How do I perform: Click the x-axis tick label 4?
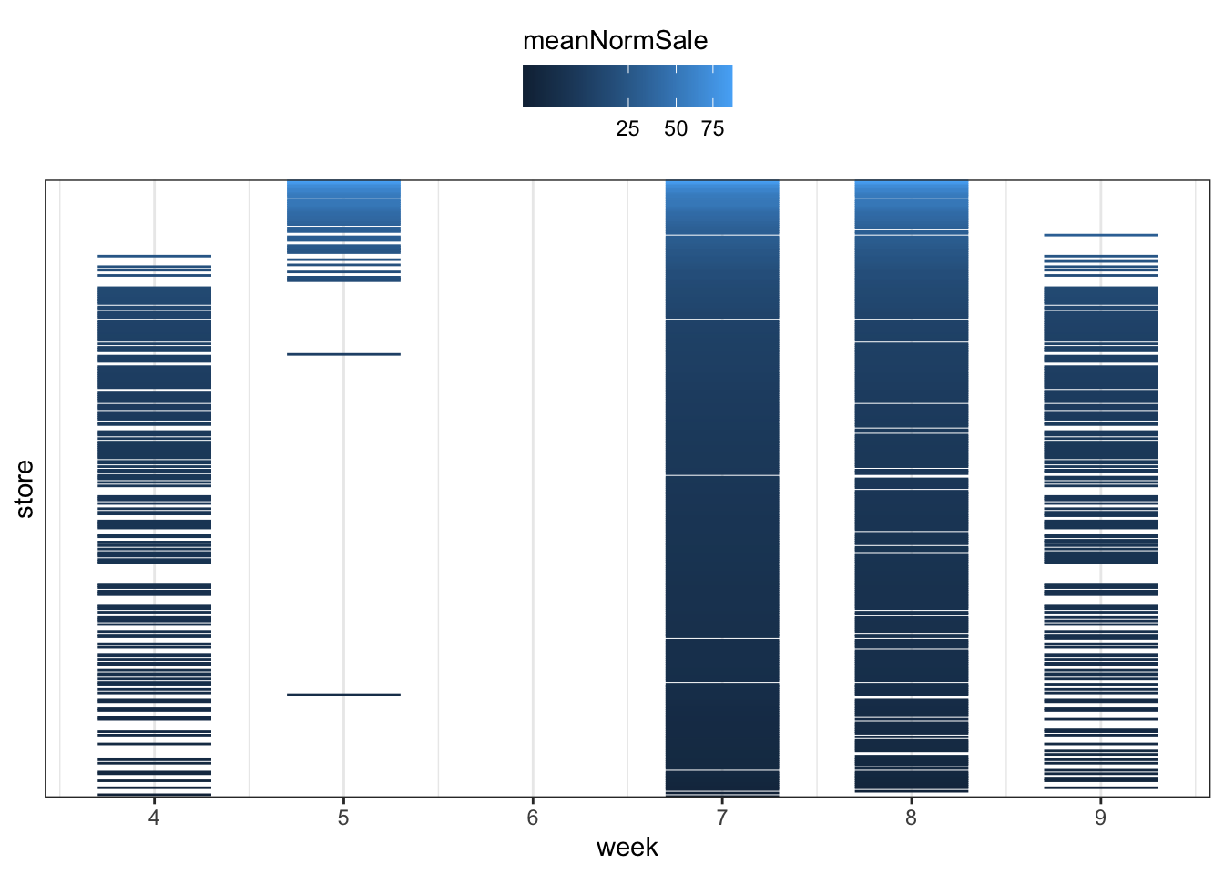[x=154, y=818]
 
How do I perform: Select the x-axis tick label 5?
[x=343, y=818]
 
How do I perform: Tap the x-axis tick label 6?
[x=533, y=818]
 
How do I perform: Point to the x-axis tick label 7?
[x=722, y=818]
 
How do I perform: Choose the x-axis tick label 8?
[x=911, y=818]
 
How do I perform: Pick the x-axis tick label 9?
[x=1100, y=818]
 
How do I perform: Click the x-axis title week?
[x=627, y=848]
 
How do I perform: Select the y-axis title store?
[x=25, y=489]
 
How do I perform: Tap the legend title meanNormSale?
[x=616, y=41]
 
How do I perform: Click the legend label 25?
[x=627, y=129]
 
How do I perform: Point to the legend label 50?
[x=676, y=129]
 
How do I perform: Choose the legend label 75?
[x=712, y=129]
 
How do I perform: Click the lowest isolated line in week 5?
[x=343, y=695]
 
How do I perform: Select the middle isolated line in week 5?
[x=343, y=354]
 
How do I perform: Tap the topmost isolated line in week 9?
[x=1100, y=235]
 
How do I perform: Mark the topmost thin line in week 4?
[x=154, y=256]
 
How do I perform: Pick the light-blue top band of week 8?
[x=912, y=189]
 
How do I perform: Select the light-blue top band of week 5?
[x=343, y=189]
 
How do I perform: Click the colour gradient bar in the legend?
[x=627, y=86]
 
